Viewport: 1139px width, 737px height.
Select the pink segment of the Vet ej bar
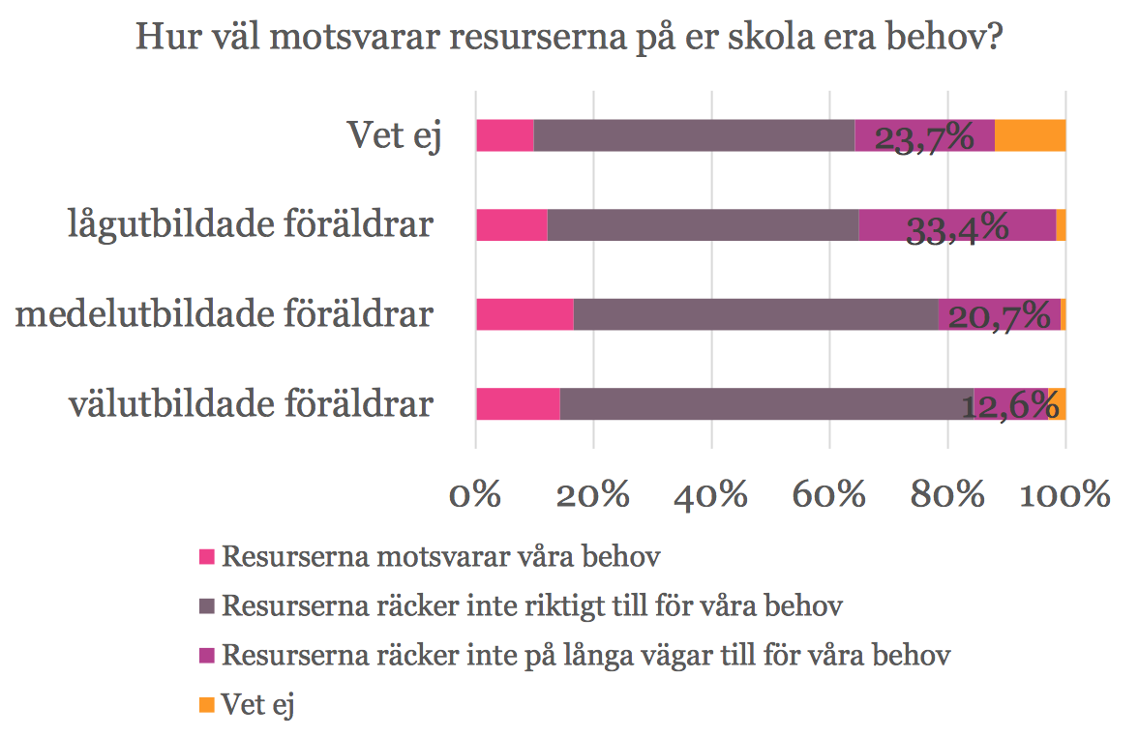(x=504, y=136)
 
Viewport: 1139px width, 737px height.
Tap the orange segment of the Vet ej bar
(x=1030, y=136)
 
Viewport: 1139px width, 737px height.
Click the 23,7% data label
(x=923, y=138)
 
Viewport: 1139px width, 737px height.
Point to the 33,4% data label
(x=957, y=228)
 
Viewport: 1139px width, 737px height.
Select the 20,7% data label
(x=999, y=316)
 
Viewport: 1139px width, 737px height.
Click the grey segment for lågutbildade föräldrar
(x=703, y=225)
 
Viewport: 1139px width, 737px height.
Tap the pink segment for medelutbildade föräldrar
(x=525, y=314)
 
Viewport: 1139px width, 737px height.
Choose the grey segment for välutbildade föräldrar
(x=766, y=403)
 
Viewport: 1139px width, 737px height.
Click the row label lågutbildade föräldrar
(x=250, y=226)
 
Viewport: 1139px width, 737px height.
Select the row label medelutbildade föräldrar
(x=224, y=315)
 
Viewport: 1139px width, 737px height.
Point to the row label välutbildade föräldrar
(x=250, y=404)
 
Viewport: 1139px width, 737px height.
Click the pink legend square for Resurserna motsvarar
(x=206, y=557)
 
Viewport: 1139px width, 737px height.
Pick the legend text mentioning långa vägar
(x=585, y=655)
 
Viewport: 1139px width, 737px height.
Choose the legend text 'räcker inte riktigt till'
(x=532, y=606)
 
